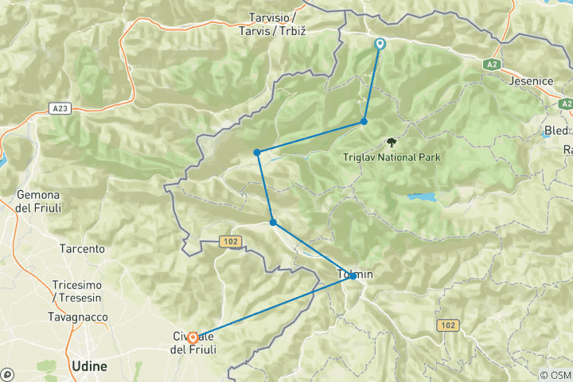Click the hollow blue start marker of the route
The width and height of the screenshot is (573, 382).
(x=380, y=45)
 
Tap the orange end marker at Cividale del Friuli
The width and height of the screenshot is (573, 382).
(x=193, y=337)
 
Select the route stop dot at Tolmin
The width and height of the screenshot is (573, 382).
(x=353, y=275)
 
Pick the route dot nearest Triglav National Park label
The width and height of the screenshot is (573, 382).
(x=364, y=121)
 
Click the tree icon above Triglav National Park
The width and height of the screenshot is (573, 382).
(x=391, y=142)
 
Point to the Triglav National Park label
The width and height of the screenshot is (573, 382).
(x=392, y=157)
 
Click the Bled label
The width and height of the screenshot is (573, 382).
(x=557, y=130)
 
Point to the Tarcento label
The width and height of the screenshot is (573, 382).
(x=82, y=248)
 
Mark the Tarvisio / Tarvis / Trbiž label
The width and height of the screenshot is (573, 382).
(x=272, y=23)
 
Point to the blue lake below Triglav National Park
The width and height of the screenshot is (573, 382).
(x=422, y=197)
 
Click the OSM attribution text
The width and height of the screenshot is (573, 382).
(x=554, y=375)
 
